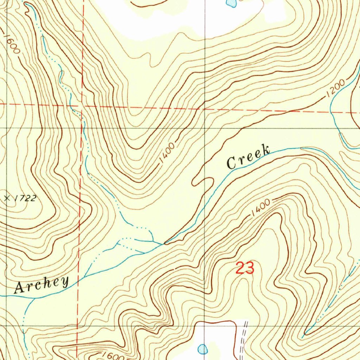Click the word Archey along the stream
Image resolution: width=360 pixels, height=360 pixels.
pyautogui.click(x=41, y=284)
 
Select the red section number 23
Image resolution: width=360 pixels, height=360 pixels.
pyautogui.click(x=245, y=269)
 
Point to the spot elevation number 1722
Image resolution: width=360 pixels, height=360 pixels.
pyautogui.click(x=25, y=198)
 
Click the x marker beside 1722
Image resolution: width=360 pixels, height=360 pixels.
pyautogui.click(x=7, y=198)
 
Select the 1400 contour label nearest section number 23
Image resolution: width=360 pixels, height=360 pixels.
pyautogui.click(x=261, y=208)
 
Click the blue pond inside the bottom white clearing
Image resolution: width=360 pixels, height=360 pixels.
pyautogui.click(x=202, y=349)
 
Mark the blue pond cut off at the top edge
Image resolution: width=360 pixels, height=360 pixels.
pyautogui.click(x=231, y=3)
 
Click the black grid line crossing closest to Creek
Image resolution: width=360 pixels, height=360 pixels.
pyautogui.click(x=205, y=128)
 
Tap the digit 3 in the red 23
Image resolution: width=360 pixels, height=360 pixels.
pyautogui.click(x=249, y=269)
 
